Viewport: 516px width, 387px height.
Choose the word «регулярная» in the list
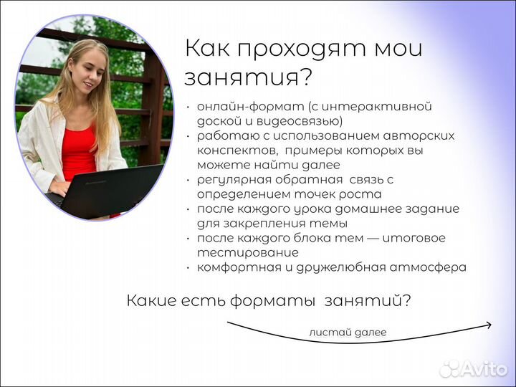(229, 179)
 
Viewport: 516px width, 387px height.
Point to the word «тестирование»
(247, 252)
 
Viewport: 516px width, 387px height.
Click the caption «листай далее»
(348, 332)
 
